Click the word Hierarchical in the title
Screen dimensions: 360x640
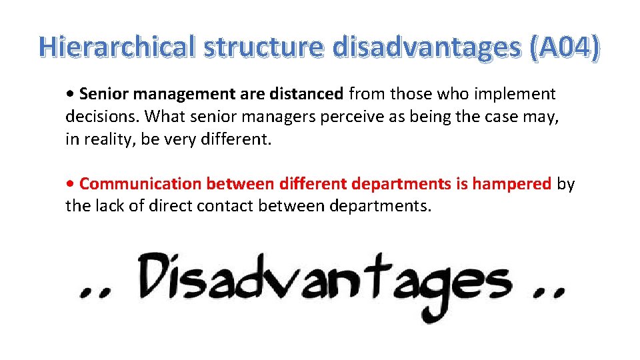pos(117,46)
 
